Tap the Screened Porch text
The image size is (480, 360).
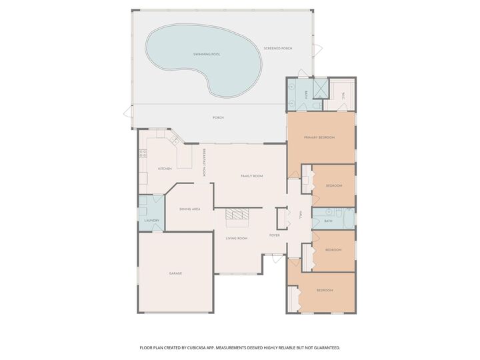point(278,48)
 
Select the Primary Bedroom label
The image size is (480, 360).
point(319,137)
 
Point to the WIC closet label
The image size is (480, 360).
point(344,95)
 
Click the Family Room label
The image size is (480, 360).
point(252,175)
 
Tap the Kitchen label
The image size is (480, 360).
point(165,169)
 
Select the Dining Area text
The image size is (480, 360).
point(190,209)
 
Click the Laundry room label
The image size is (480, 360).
point(151,220)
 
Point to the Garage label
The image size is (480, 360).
point(175,273)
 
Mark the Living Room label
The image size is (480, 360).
point(237,238)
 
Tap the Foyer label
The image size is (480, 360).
point(274,235)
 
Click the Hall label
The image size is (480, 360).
point(301,214)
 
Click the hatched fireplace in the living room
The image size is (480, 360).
point(236,214)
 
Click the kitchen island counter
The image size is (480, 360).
point(184,155)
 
